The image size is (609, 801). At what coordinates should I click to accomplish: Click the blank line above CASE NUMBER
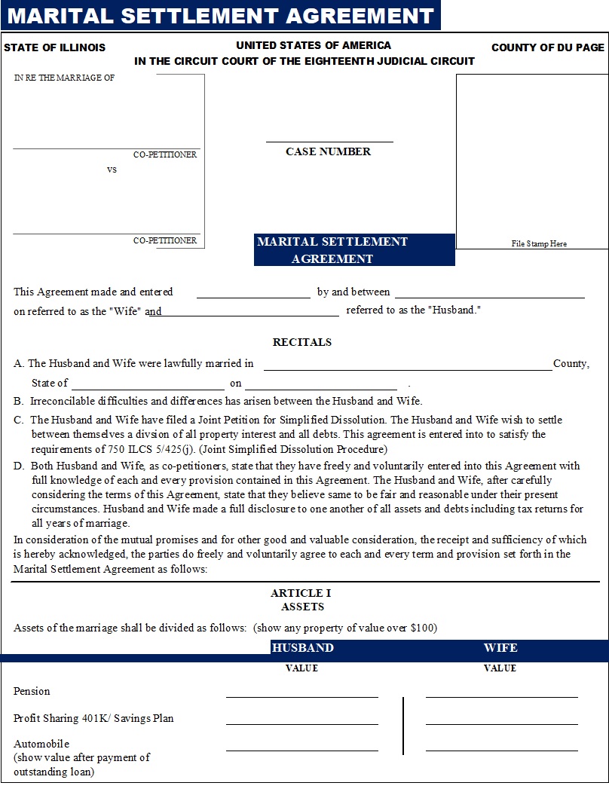coord(329,140)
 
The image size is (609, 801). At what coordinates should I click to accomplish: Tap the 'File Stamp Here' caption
coord(539,243)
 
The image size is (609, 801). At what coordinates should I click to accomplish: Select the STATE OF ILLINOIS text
coord(54,47)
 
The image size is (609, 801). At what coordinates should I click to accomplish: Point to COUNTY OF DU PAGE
coord(548,47)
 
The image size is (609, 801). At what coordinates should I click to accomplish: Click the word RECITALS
coord(302,342)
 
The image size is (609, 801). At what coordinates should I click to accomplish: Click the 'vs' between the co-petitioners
coord(112,170)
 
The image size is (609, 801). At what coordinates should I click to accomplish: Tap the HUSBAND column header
coord(302,648)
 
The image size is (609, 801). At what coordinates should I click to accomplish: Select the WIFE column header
coord(500,648)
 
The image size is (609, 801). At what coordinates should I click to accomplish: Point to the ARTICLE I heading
coord(301,593)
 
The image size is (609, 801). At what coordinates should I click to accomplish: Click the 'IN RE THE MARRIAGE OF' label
coord(64,78)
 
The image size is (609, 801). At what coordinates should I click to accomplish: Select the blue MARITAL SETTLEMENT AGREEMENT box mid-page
coord(354,250)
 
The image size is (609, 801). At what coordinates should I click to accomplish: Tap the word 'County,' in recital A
coord(571,363)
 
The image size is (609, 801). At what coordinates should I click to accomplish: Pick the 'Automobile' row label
coord(41,744)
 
